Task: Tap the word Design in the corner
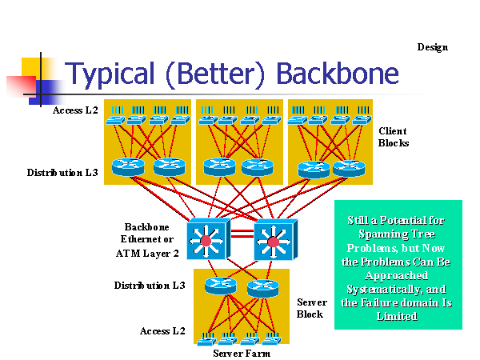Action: (x=432, y=47)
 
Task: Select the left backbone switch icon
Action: (x=207, y=238)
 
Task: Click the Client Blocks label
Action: (x=393, y=137)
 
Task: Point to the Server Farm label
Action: (x=241, y=353)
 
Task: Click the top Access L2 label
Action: (x=75, y=110)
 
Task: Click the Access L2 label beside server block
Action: (x=162, y=330)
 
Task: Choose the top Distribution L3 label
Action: (x=62, y=172)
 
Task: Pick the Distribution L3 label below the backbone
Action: (x=150, y=285)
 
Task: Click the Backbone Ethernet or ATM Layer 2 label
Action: (x=150, y=240)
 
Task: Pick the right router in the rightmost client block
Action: (x=348, y=168)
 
